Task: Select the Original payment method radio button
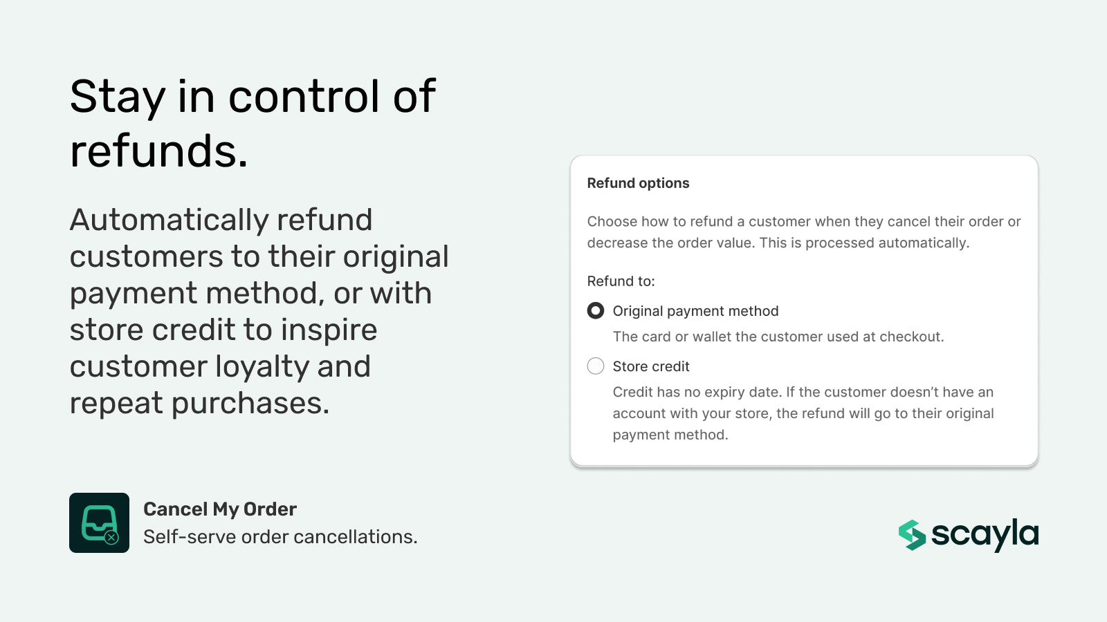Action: [595, 311]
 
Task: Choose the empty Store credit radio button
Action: [595, 366]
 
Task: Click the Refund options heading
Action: [638, 183]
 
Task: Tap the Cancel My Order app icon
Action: [99, 522]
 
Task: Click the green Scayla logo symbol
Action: [912, 535]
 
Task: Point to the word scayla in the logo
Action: [985, 534]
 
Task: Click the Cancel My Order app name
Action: [220, 509]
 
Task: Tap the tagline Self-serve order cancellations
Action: [280, 537]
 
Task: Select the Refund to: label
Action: [621, 281]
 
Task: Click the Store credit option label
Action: [651, 366]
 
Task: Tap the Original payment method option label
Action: [695, 311]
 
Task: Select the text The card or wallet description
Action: [778, 337]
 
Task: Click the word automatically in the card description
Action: [923, 243]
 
